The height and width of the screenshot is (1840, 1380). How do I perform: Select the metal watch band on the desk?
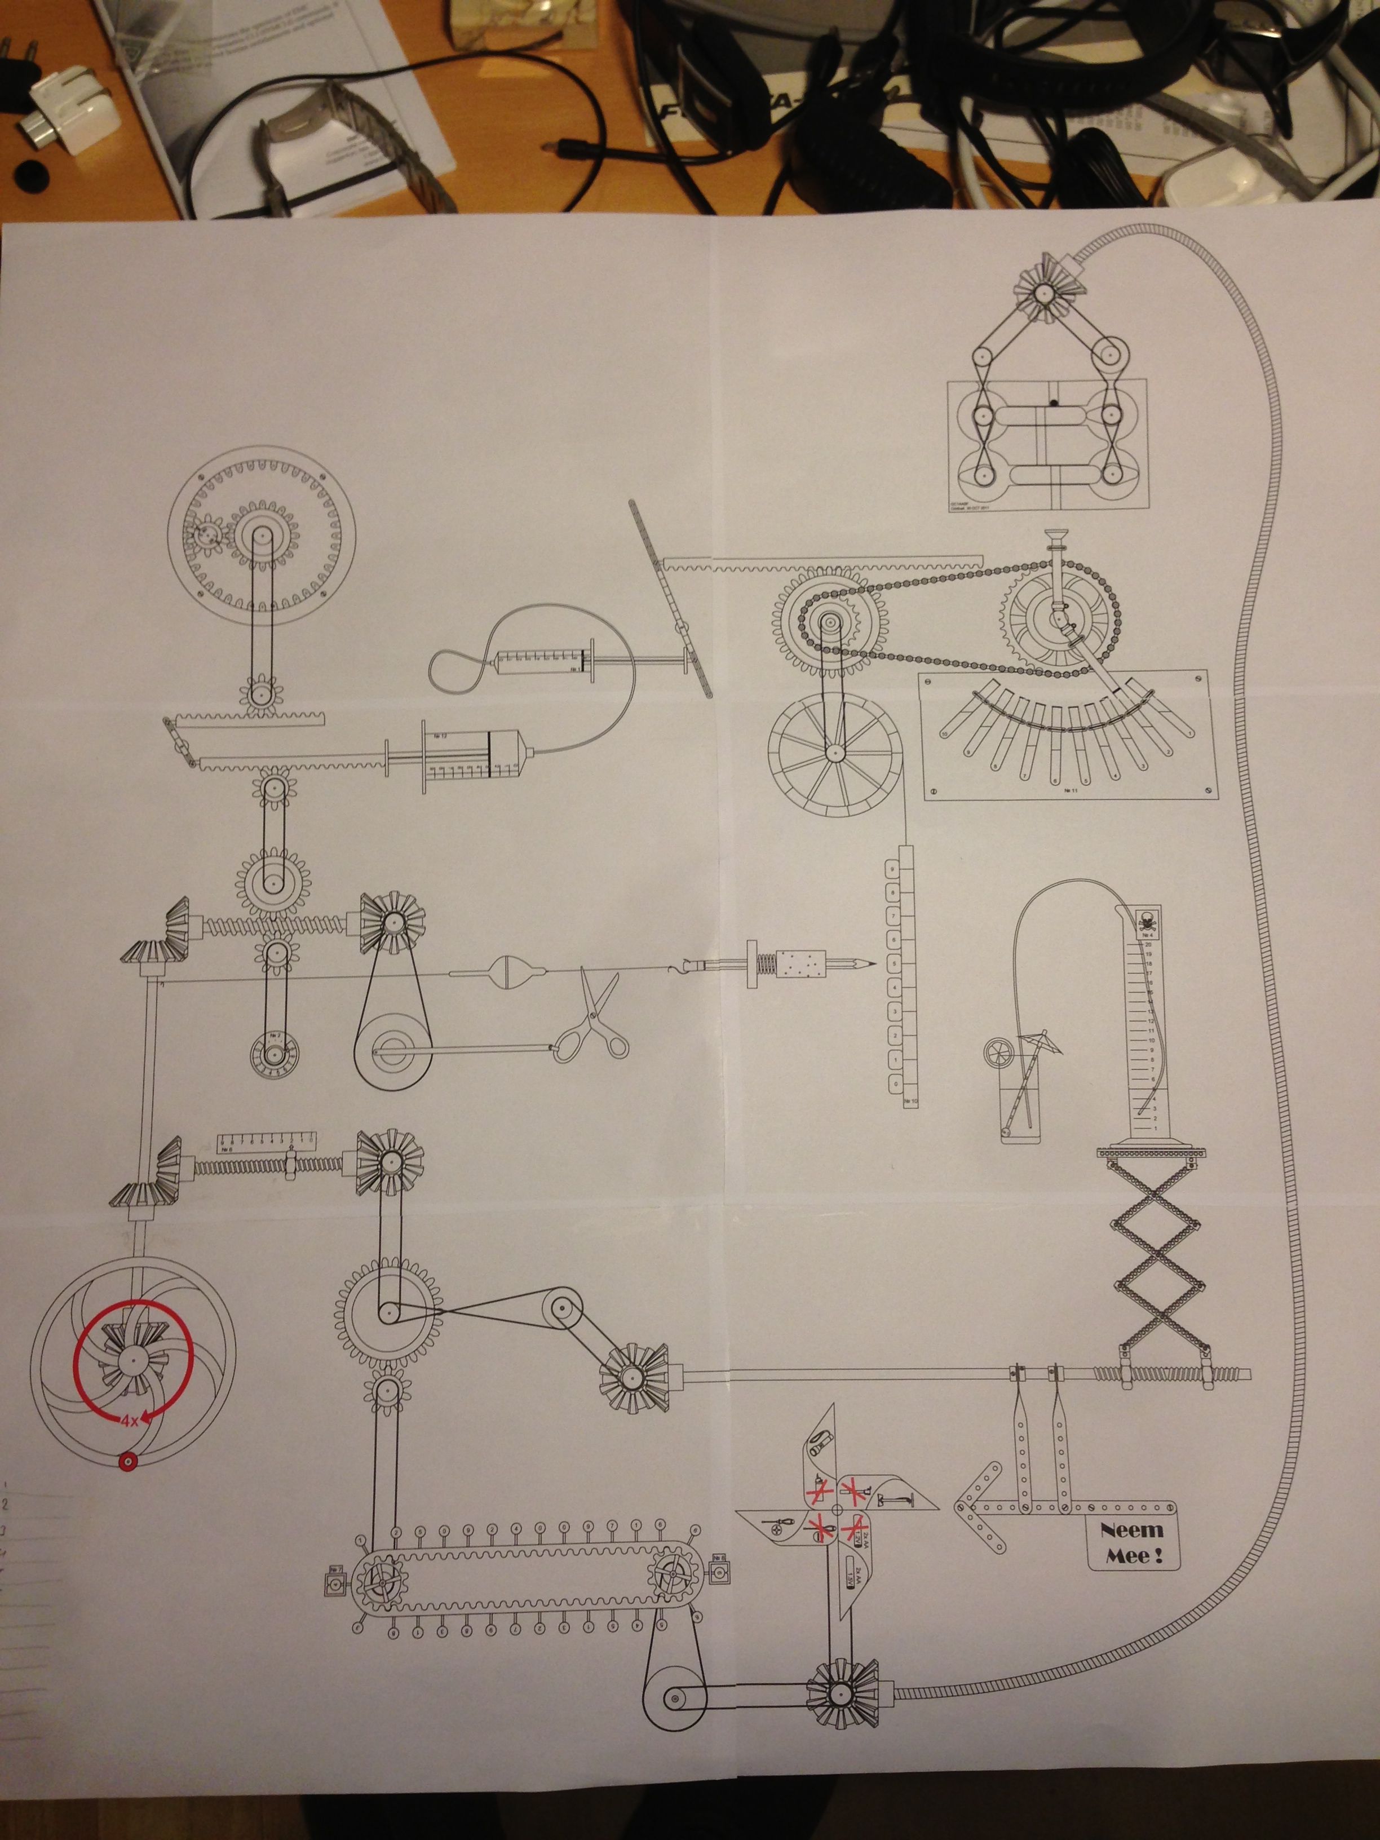[350, 133]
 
